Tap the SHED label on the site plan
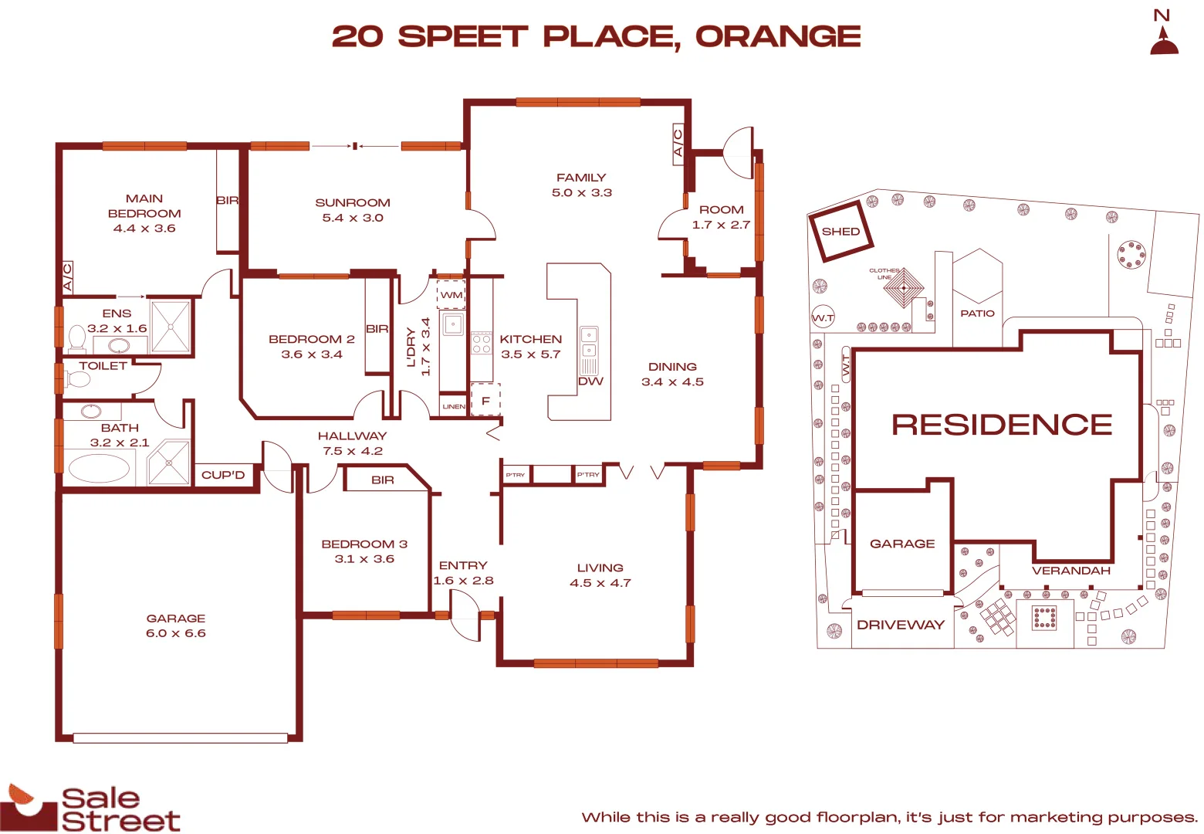click(x=840, y=232)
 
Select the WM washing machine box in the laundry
click(x=451, y=295)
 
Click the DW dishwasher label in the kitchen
click(x=590, y=381)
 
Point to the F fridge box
click(x=485, y=401)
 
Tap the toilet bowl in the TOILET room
click(x=79, y=379)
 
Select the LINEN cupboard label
click(x=454, y=406)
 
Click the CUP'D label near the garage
click(x=223, y=475)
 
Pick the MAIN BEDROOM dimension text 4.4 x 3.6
click(x=144, y=229)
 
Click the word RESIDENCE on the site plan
click(x=1002, y=425)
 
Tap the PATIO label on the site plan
click(x=977, y=314)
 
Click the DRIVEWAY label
click(x=901, y=625)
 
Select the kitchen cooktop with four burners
click(x=482, y=344)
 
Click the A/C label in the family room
click(x=678, y=144)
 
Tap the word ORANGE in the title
click(x=778, y=36)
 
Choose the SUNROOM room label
click(x=353, y=203)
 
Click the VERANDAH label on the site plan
click(x=1071, y=571)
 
